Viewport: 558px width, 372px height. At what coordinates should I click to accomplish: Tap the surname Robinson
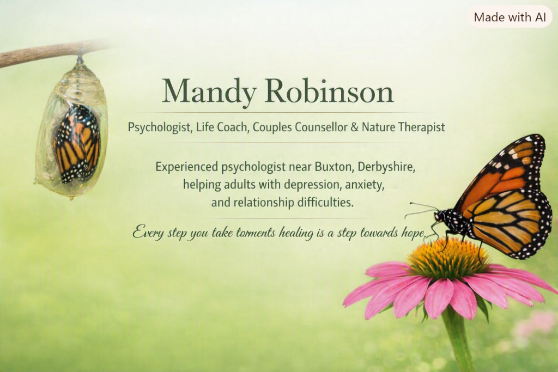[x=329, y=91]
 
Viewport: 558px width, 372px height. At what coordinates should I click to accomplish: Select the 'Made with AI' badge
[x=510, y=17]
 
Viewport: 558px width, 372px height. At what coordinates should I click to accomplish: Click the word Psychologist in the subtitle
[x=159, y=127]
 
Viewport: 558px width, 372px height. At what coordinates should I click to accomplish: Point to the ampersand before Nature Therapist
[x=354, y=127]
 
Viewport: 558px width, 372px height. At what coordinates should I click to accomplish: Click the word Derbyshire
[x=386, y=167]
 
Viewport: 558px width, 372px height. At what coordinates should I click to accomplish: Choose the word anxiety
[x=365, y=185]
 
